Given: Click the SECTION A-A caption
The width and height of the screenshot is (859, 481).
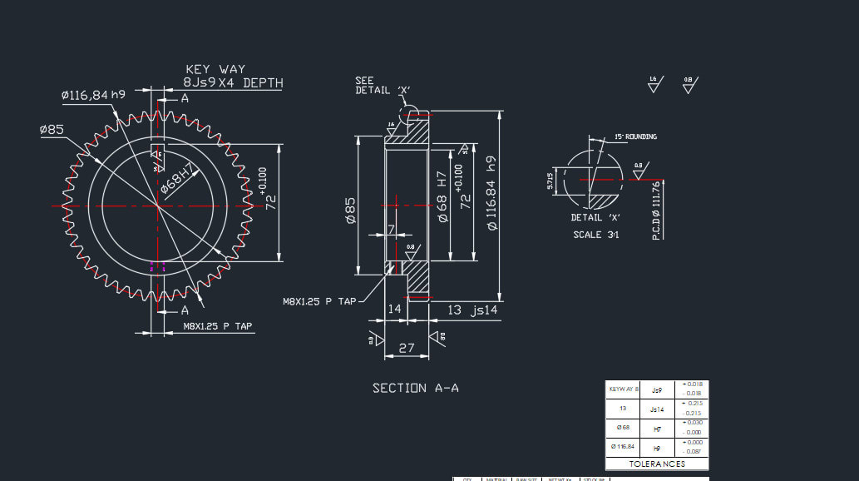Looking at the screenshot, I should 416,388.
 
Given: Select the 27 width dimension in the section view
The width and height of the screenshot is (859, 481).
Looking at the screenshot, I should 407,349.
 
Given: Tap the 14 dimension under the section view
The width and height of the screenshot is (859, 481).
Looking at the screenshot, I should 394,309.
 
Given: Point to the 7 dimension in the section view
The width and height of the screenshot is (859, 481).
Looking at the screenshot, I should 391,229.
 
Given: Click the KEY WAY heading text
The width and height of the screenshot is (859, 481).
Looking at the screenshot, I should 215,70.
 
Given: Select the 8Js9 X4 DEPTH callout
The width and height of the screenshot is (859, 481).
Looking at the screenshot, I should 233,83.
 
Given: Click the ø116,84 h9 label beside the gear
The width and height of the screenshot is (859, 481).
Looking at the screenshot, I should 93,96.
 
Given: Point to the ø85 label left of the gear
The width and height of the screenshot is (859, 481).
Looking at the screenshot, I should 52,130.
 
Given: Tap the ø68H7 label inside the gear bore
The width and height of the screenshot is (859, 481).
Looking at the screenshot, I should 177,180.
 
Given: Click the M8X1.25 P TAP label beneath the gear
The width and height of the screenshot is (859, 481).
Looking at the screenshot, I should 218,327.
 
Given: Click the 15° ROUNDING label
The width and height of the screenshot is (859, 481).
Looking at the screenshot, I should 635,136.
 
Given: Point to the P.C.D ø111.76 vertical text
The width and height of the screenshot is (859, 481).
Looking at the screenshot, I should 656,211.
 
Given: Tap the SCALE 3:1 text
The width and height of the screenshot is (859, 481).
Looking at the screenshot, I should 596,235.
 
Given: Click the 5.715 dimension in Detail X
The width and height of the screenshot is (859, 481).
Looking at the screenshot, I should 550,181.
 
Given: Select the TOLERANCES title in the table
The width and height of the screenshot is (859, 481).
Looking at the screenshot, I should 657,464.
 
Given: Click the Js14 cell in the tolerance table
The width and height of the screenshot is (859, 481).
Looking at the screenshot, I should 657,409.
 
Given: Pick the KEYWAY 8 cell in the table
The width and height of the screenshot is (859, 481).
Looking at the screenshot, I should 624,389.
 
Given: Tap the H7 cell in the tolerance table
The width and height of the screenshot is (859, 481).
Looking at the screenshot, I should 657,429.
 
